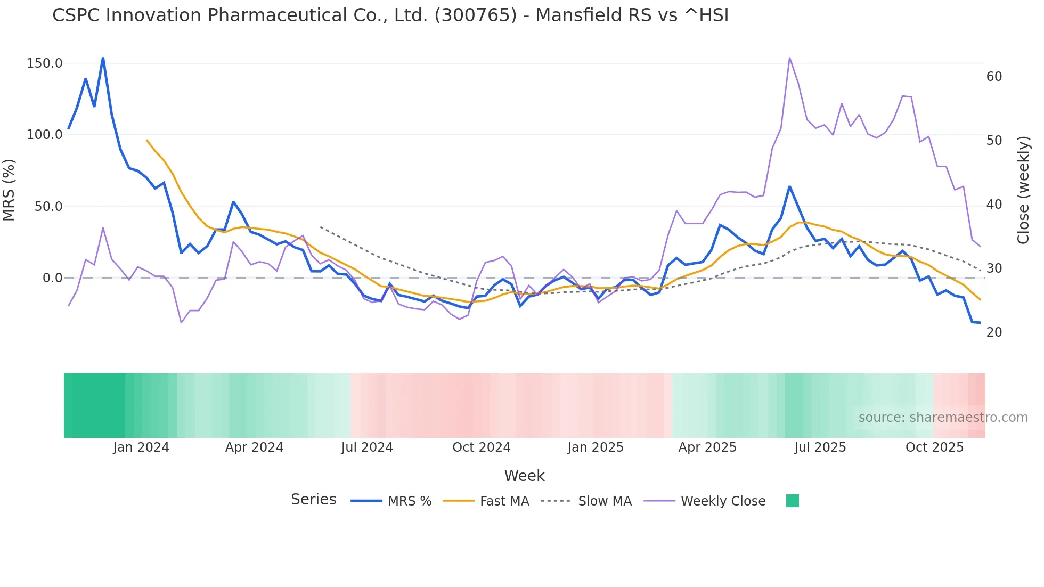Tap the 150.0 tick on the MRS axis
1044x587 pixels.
pos(45,63)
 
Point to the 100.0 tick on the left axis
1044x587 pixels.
pos(45,135)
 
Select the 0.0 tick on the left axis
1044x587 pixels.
pos(53,278)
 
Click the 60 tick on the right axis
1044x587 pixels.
pos(994,77)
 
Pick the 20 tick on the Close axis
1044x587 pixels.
pos(994,332)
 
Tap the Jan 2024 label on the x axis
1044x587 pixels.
pos(141,447)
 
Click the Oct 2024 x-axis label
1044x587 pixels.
pos(482,447)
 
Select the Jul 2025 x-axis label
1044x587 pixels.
pos(820,447)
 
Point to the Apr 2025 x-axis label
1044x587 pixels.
pos(707,447)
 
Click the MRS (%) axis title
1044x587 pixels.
pos(9,190)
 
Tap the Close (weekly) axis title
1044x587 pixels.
pos(1023,190)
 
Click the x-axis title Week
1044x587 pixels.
pos(524,476)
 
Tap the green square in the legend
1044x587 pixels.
pos(793,501)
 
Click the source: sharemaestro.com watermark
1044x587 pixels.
pos(943,418)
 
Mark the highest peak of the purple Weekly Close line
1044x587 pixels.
pos(789,58)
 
